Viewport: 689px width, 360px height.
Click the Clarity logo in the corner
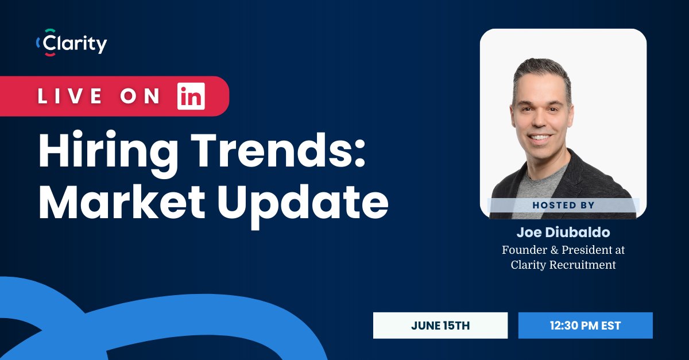click(x=71, y=43)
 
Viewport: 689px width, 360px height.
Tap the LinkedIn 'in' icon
click(x=191, y=96)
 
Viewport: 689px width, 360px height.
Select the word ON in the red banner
click(x=140, y=96)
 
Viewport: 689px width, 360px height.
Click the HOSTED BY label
click(x=563, y=205)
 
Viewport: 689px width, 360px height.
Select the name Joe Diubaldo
click(x=563, y=232)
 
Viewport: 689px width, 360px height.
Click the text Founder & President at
click(x=563, y=250)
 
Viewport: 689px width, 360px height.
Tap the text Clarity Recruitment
click(x=563, y=265)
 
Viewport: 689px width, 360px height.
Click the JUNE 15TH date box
click(x=440, y=326)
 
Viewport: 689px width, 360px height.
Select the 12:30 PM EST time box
click(x=585, y=326)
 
